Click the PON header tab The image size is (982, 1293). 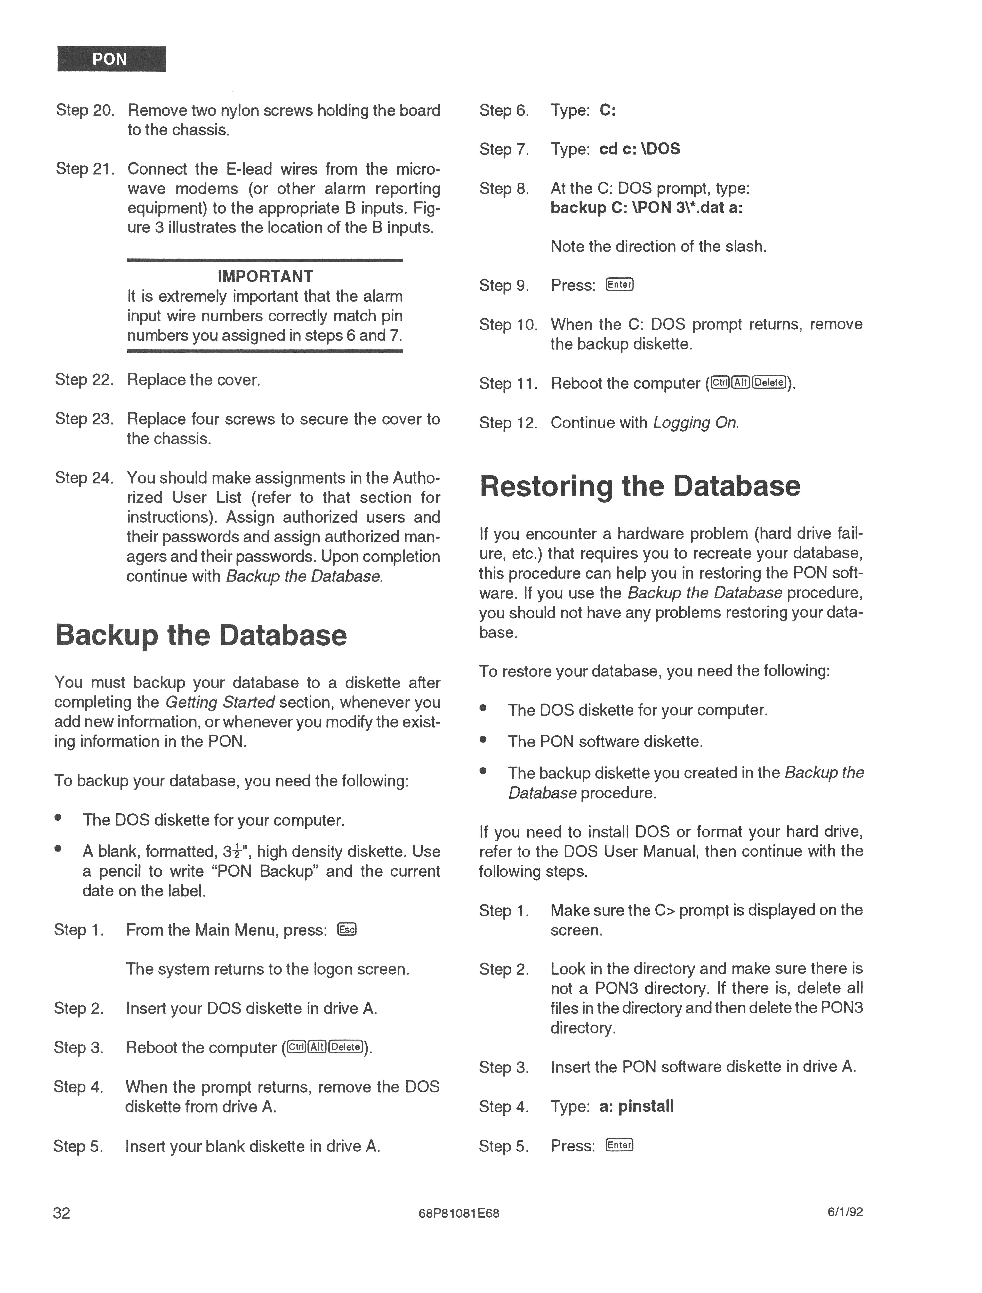click(x=111, y=59)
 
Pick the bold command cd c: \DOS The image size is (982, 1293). click(x=640, y=149)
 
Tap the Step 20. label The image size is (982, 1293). click(x=85, y=110)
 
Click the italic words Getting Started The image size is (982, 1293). click(x=220, y=702)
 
